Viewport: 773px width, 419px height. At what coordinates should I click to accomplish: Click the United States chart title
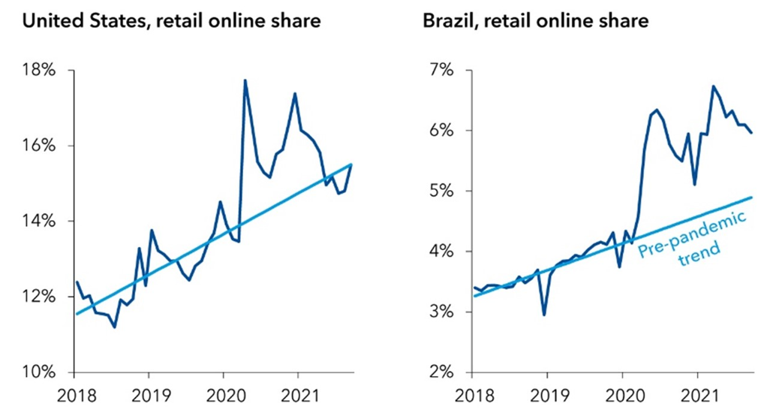click(172, 21)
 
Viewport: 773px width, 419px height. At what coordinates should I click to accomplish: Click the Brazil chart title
click(535, 21)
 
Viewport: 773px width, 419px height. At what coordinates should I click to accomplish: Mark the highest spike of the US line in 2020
click(245, 80)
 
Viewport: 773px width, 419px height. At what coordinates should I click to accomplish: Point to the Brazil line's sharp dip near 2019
click(544, 315)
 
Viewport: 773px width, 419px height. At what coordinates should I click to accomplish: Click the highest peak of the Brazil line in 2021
click(712, 86)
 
